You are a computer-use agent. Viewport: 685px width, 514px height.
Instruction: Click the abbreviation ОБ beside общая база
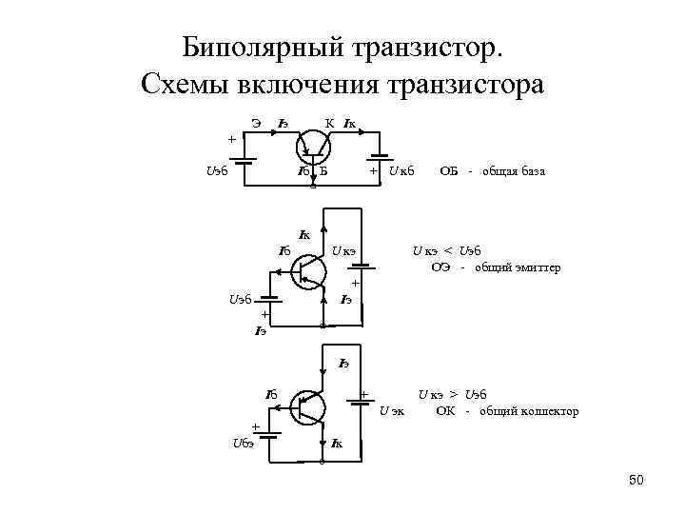point(448,171)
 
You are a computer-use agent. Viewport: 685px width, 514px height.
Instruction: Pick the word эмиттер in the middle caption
point(535,267)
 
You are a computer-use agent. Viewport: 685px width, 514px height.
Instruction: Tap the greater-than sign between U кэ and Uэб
point(455,394)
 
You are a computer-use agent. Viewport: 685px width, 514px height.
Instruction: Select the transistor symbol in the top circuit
point(311,144)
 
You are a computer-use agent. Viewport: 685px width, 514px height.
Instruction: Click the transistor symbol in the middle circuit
point(307,270)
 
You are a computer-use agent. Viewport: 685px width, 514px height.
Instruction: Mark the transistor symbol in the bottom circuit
point(307,407)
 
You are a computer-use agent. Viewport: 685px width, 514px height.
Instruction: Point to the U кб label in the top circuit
point(401,171)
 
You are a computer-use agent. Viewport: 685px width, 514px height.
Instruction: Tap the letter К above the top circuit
point(329,122)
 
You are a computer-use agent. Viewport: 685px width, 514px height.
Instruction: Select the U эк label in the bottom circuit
point(391,411)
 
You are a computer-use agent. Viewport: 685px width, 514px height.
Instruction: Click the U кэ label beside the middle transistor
point(342,251)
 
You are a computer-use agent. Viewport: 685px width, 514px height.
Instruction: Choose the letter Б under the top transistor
point(323,171)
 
